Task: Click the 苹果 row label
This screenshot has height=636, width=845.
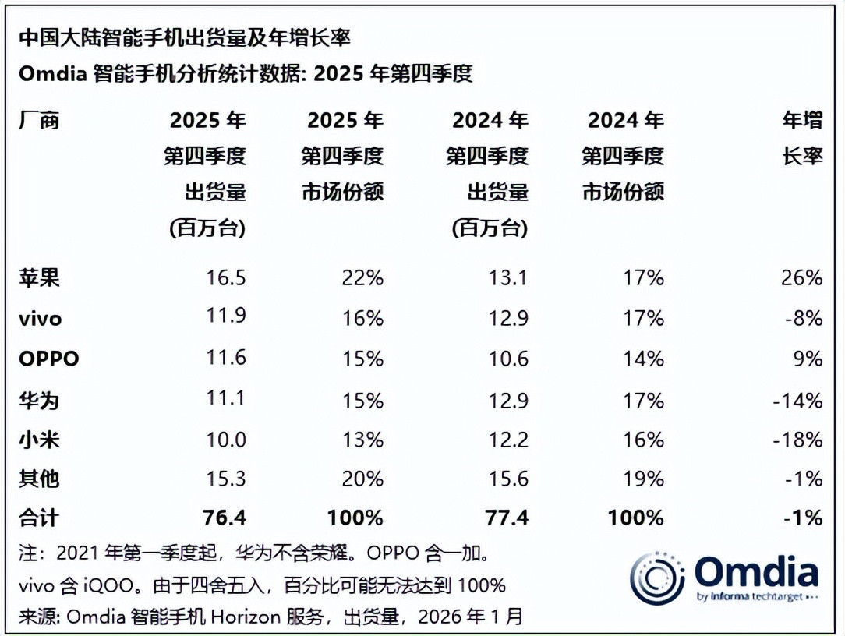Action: point(39,277)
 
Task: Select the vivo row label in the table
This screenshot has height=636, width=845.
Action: point(40,319)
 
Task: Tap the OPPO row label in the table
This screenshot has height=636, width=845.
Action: point(49,359)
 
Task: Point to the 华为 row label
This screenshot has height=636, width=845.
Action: point(39,400)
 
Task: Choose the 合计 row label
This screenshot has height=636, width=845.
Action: point(39,518)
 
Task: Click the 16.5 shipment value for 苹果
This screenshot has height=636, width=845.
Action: point(225,277)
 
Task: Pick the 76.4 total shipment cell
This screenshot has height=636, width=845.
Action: point(224,518)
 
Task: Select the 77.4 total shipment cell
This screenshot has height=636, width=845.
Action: point(507,518)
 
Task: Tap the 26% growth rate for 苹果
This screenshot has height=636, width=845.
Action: point(803,277)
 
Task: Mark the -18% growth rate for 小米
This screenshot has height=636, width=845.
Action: point(797,440)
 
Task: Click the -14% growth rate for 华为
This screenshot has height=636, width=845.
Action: point(797,400)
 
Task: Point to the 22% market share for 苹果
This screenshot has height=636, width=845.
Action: point(362,277)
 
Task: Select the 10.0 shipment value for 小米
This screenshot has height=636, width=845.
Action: point(225,440)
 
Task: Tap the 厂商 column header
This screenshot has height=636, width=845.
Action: point(39,121)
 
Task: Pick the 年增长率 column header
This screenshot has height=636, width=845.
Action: point(803,138)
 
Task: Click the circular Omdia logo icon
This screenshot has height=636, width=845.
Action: point(656,578)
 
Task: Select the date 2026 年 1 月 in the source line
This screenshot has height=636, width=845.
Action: point(470,617)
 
